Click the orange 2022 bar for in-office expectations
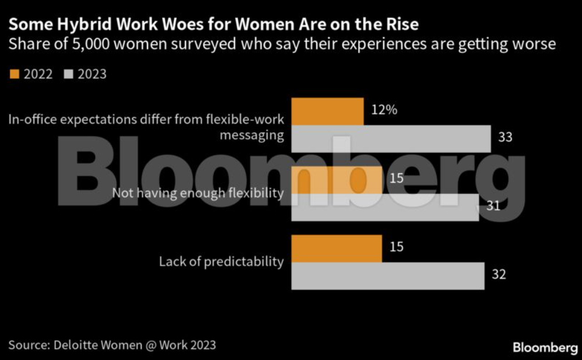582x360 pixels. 327,111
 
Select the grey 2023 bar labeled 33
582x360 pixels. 391,139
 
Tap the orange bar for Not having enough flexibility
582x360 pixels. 336,180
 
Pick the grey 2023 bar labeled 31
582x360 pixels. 385,207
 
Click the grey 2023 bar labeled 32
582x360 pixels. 388,275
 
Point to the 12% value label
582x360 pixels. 383,109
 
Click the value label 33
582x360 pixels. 506,137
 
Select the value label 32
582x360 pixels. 499,274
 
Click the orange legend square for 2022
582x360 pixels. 15,74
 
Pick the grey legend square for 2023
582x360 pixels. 67,74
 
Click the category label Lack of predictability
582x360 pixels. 221,261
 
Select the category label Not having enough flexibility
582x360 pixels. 198,193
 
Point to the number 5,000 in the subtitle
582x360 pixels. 73,44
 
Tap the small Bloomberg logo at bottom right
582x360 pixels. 545,348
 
